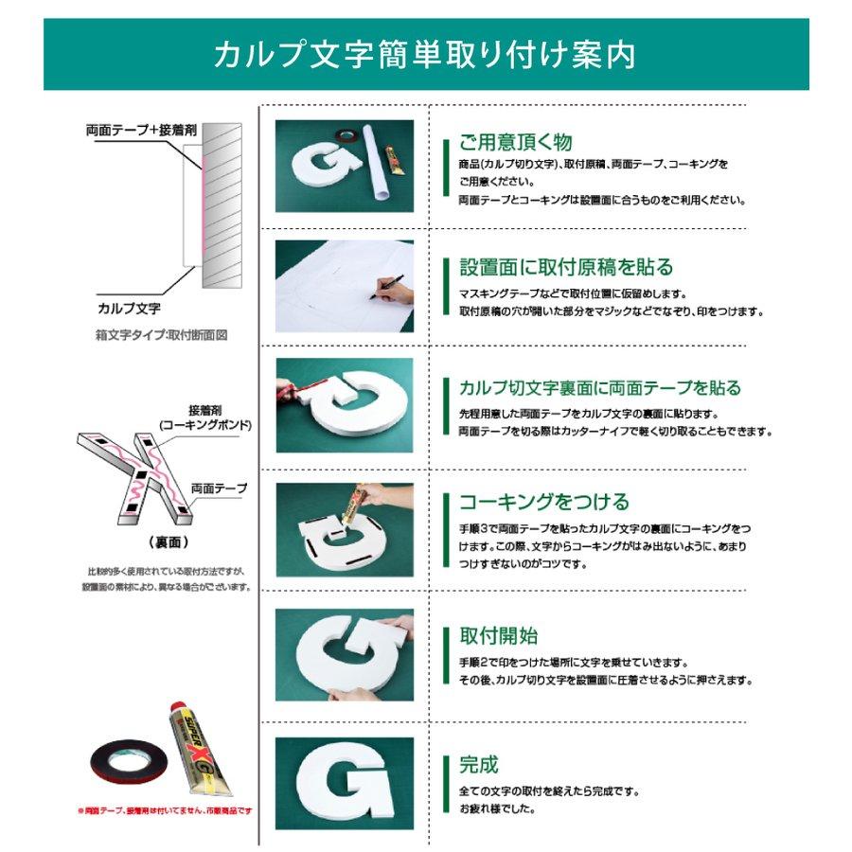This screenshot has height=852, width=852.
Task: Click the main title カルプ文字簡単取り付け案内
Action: pos(425,54)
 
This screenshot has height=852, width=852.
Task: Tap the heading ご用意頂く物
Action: pos(515,143)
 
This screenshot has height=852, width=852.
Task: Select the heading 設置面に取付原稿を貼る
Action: pos(566,267)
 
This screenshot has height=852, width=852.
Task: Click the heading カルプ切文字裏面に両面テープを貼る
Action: pos(599,388)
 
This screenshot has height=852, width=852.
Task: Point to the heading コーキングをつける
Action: pos(543,502)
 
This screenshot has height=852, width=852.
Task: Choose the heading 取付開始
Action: pos(498,636)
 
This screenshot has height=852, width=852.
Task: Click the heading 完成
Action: pos(478,764)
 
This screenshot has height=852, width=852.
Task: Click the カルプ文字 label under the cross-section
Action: pos(129,308)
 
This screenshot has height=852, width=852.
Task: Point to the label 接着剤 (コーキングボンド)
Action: pos(205,417)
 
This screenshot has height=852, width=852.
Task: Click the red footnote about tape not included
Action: pos(165,811)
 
